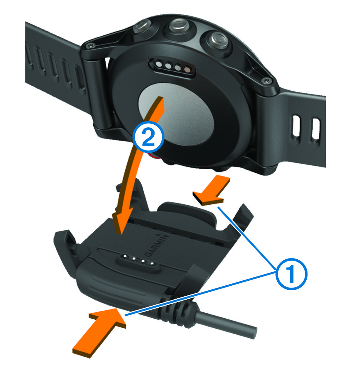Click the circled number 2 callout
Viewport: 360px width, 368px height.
(148, 137)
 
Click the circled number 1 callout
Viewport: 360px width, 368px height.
(291, 274)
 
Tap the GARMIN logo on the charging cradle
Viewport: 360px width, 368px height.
(157, 246)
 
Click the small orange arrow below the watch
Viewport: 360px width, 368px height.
(212, 191)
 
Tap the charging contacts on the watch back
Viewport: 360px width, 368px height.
(172, 68)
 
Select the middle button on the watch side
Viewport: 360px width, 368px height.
(178, 26)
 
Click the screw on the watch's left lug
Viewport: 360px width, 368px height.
(91, 45)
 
